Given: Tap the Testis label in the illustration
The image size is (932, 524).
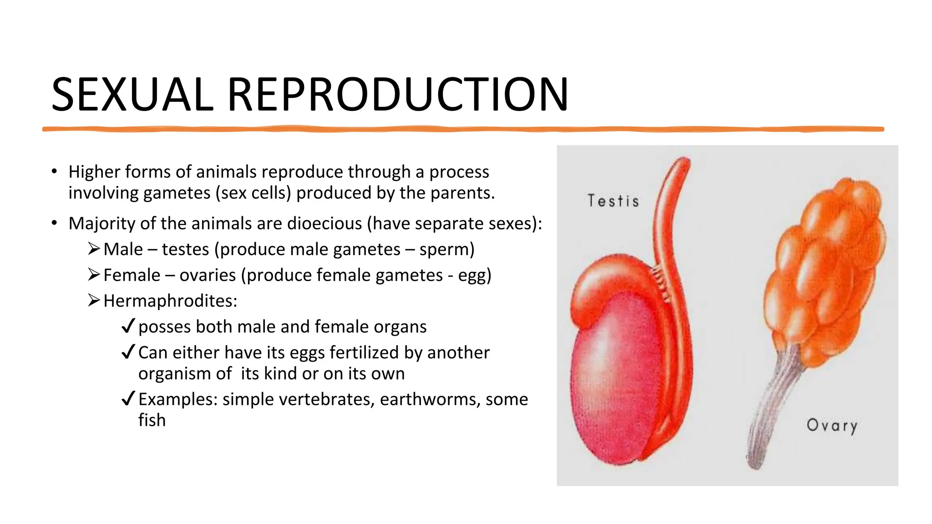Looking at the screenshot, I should click(x=613, y=201).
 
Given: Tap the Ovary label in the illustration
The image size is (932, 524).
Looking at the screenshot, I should click(x=832, y=425).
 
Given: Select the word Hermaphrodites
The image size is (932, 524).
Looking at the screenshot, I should click(x=170, y=301).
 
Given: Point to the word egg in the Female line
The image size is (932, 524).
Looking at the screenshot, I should click(x=474, y=275).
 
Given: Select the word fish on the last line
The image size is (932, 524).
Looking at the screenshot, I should click(x=152, y=420).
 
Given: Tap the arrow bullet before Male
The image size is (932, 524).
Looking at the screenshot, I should click(x=94, y=249).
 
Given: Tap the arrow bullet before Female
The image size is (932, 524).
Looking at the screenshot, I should click(x=94, y=275).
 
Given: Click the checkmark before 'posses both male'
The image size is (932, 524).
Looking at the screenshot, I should click(x=128, y=326).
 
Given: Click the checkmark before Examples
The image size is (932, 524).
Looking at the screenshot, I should click(x=128, y=398).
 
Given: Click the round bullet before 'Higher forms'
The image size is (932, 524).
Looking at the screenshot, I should click(x=54, y=172).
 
